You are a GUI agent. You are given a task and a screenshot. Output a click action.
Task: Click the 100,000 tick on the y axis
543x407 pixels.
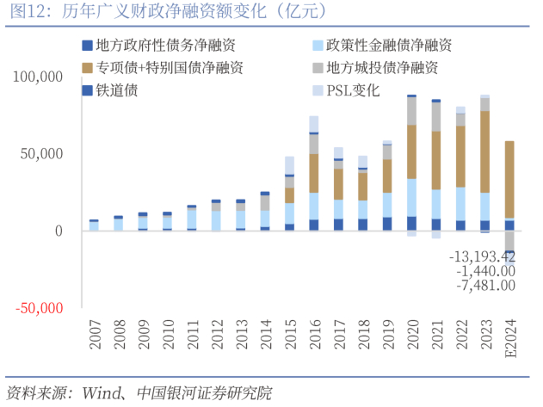click(38, 77)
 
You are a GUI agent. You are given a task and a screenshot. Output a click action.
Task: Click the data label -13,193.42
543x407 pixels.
click(483, 256)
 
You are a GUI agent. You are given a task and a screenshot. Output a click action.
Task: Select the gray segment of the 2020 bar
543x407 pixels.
click(412, 111)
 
